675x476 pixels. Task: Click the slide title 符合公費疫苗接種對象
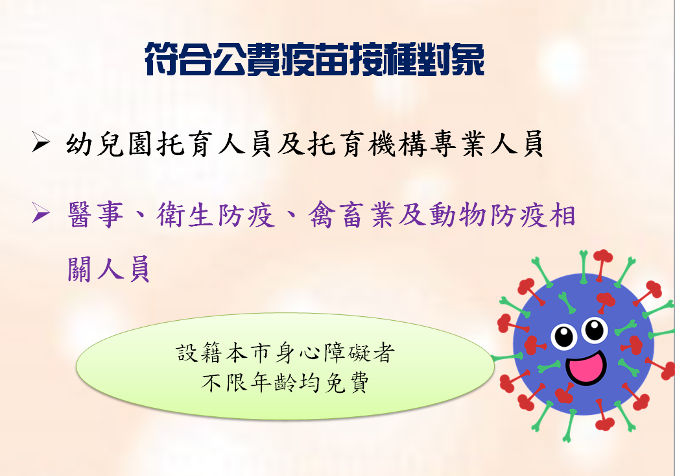pos(314,60)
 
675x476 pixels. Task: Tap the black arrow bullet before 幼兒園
pos(40,143)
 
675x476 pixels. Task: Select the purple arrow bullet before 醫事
pos(40,213)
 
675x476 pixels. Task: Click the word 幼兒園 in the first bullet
pos(110,144)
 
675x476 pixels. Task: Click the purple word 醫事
pos(95,214)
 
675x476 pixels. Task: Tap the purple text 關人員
pos(109,269)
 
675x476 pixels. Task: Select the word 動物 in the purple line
pos(458,214)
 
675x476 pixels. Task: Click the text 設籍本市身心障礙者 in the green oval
pos(285,353)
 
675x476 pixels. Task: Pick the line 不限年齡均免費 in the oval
pos(285,382)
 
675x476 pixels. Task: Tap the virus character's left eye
pos(564,336)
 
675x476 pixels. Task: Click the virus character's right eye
pos(595,330)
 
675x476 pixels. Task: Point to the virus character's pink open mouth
pos(586,367)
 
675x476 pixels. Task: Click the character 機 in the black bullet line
pos(381,144)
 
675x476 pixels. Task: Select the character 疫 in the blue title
pos(297,60)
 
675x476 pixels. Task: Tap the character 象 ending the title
pos(468,60)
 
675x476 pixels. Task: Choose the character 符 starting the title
pos(161,60)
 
